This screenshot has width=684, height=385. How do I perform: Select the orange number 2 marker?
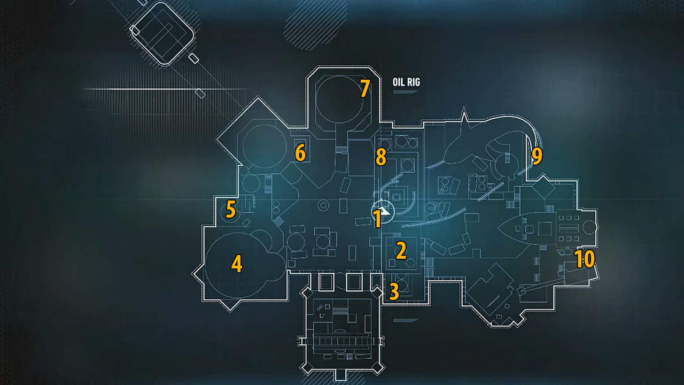tap(401, 250)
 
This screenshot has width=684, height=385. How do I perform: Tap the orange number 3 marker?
tap(394, 291)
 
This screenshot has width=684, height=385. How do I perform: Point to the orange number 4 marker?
tap(237, 264)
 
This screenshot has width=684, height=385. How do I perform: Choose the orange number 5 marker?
tap(230, 209)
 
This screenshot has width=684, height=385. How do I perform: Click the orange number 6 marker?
tap(300, 153)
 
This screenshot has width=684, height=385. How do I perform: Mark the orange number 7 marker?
tap(364, 88)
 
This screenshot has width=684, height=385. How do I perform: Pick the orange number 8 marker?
tap(380, 157)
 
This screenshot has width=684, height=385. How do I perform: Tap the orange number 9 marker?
tap(537, 156)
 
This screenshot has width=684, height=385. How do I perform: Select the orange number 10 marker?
tap(585, 259)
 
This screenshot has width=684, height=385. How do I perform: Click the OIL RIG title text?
tap(406, 82)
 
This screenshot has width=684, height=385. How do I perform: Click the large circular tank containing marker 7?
tap(342, 102)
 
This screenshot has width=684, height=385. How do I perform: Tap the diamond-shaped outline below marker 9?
tap(543, 188)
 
